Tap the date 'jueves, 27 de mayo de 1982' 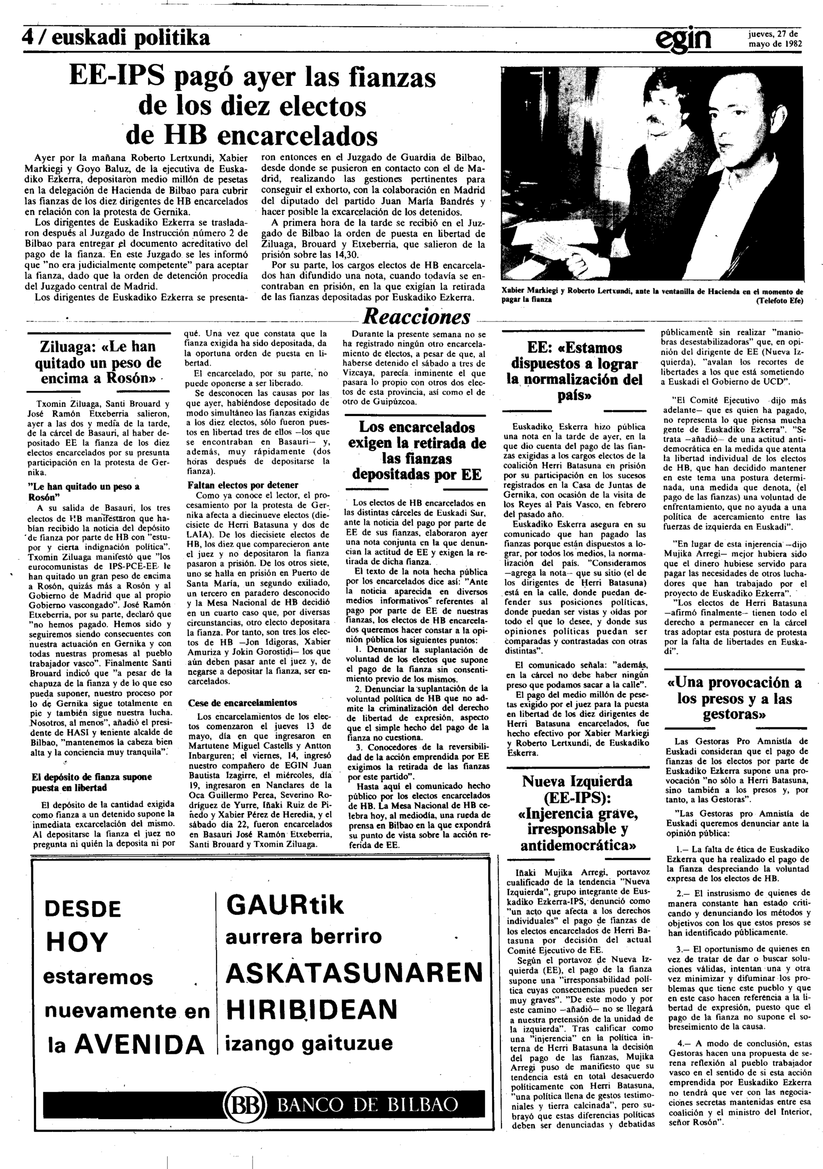coord(775,39)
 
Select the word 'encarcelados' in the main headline coord(297,136)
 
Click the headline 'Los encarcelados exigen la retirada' coord(417,451)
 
